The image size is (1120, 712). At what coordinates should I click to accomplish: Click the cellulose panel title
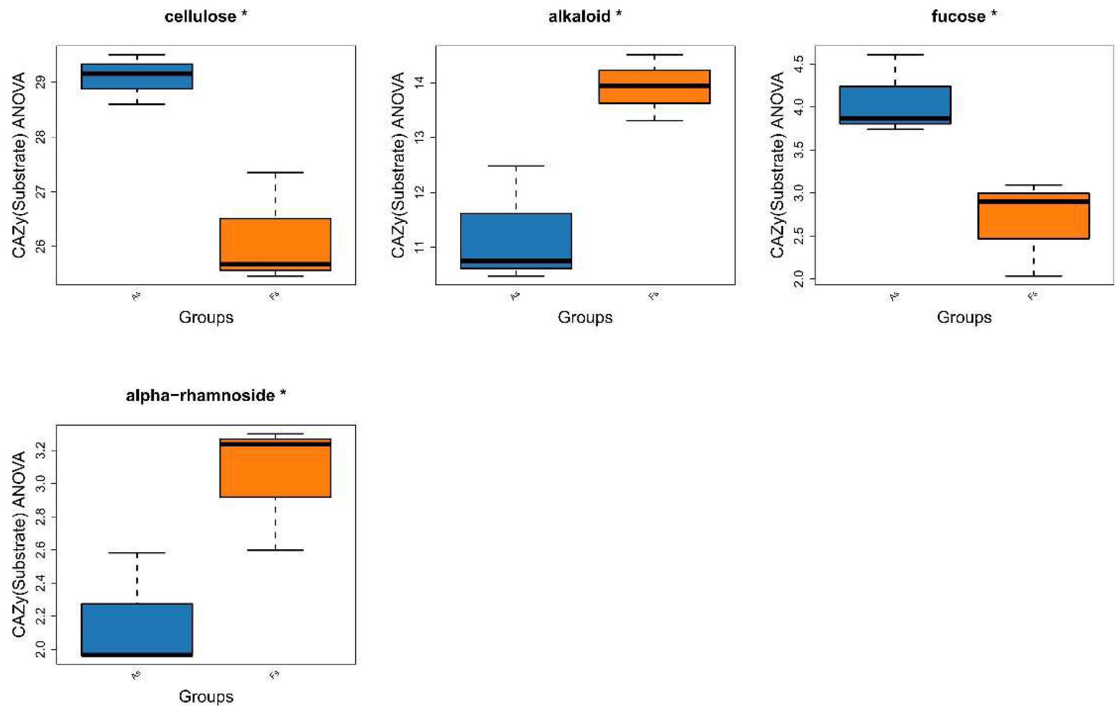coord(206,17)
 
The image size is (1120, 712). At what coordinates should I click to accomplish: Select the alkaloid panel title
coord(585,17)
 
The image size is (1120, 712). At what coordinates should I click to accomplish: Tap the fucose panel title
coord(964,17)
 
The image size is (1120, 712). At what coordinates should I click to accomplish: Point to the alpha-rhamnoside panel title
coord(206,396)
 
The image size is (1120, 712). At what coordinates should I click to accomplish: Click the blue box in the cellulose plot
coord(137,76)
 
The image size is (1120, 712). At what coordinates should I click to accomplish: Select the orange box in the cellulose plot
coord(275,244)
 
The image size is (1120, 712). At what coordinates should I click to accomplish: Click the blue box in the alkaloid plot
coord(516,241)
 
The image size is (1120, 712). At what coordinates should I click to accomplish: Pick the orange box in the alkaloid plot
coord(654,86)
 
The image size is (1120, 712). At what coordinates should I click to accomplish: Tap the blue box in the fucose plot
coord(895,105)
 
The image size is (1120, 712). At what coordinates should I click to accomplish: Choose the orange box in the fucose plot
coord(1033,216)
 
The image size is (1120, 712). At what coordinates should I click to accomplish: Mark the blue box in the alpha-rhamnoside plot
coord(137,630)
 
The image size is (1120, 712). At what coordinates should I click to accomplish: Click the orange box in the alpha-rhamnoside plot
coord(275,468)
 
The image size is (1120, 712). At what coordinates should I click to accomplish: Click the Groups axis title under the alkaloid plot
coord(585,317)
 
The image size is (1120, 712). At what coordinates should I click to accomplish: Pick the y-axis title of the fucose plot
coord(777,165)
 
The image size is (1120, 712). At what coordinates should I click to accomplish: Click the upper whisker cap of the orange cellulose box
coord(275,173)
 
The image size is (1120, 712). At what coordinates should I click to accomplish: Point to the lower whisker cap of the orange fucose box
coord(1033,276)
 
